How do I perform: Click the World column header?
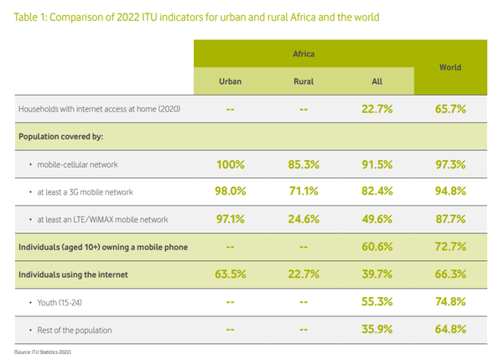click(451, 67)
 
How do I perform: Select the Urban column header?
click(231, 82)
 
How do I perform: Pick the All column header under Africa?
click(377, 82)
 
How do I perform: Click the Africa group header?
click(303, 54)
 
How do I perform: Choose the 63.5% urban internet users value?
click(231, 274)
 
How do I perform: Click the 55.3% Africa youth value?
click(377, 300)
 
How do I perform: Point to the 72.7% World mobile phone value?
click(451, 247)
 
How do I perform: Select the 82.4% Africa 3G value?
click(377, 193)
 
